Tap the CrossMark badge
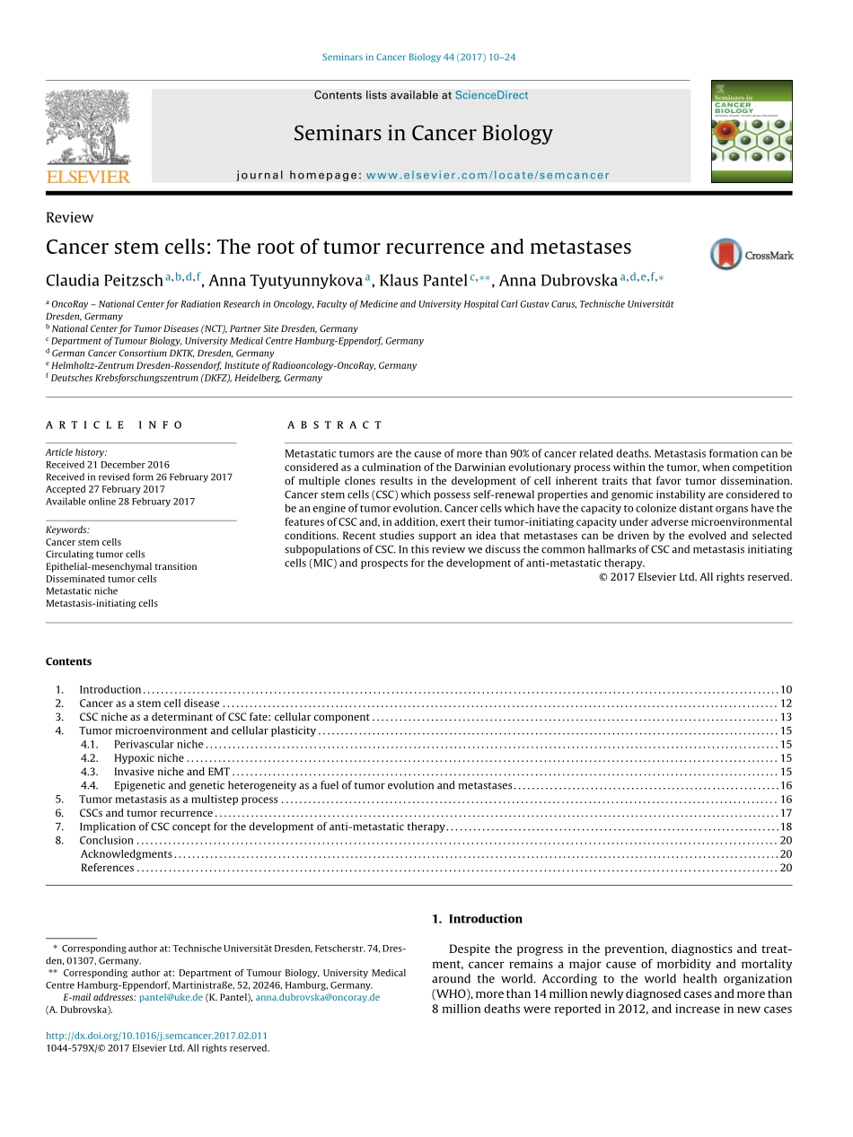pyautogui.click(x=751, y=255)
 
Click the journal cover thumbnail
pyautogui.click(x=751, y=131)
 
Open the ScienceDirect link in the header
pyautogui.click(x=491, y=95)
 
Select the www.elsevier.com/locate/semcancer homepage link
pyautogui.click(x=488, y=176)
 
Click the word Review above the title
pyautogui.click(x=69, y=217)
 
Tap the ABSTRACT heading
pyautogui.click(x=335, y=425)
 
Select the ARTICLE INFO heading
pyautogui.click(x=115, y=425)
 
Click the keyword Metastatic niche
pyautogui.click(x=82, y=591)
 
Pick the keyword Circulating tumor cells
pyautogui.click(x=95, y=555)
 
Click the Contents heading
pyautogui.click(x=68, y=661)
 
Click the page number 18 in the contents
pyautogui.click(x=786, y=827)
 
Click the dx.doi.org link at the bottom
pyautogui.click(x=156, y=1036)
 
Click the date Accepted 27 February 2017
pyautogui.click(x=105, y=489)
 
